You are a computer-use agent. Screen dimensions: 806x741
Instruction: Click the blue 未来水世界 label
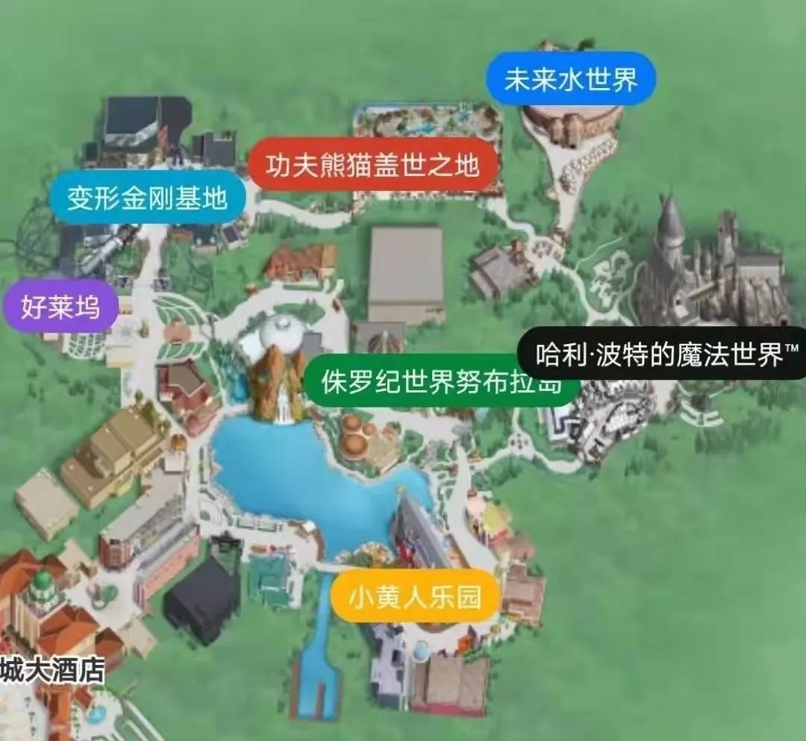point(571,79)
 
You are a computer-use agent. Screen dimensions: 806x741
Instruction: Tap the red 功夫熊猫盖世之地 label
point(373,166)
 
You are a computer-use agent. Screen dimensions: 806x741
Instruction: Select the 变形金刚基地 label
point(147,198)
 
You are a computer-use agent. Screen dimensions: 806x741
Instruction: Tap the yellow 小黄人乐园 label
point(415,596)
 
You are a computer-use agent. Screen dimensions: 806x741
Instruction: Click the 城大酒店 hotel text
point(52,669)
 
